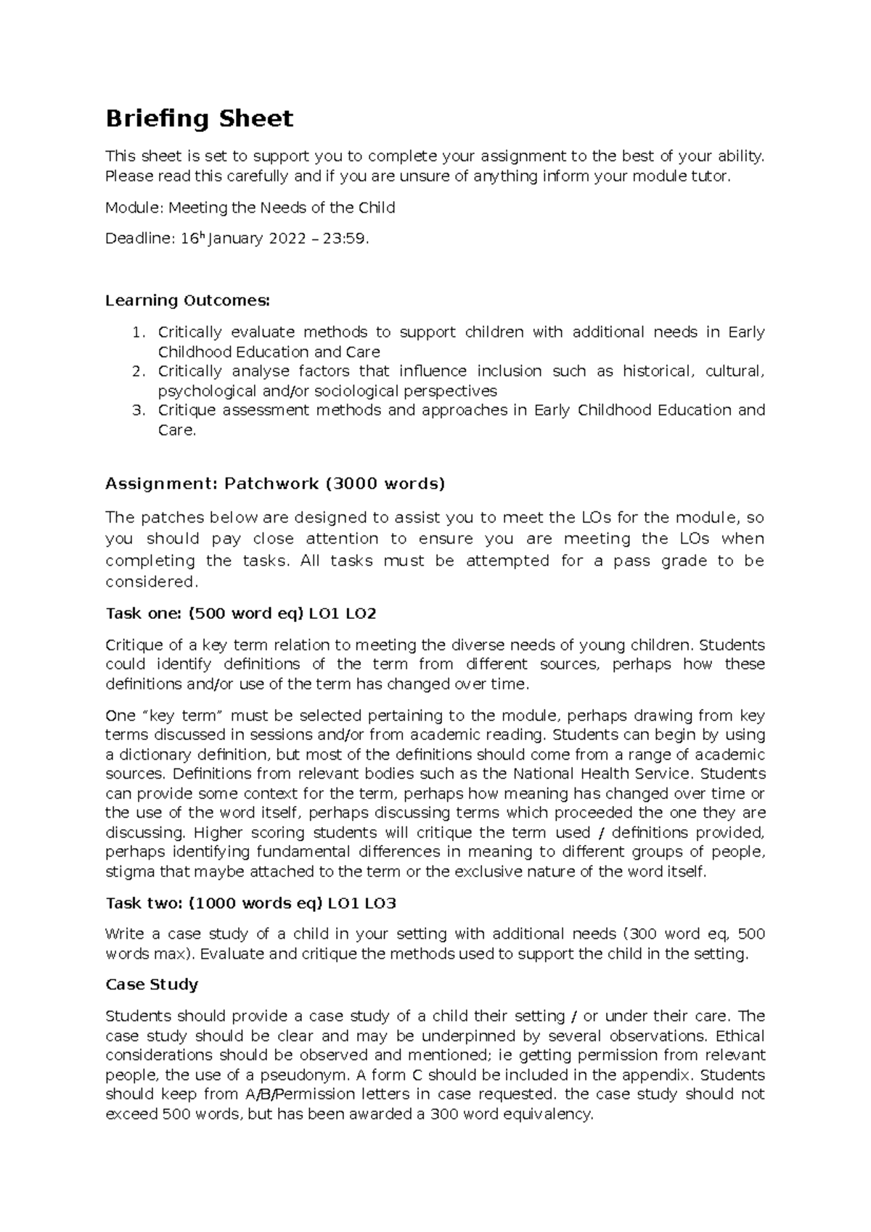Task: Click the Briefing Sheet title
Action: pos(199,118)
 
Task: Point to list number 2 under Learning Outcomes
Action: pos(139,371)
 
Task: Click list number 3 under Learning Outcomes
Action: pos(139,411)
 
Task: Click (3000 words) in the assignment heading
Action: pos(384,484)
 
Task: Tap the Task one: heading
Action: pos(144,614)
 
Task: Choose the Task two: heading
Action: pos(144,903)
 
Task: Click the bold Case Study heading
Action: pos(152,985)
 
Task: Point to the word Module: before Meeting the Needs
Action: pos(134,208)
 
